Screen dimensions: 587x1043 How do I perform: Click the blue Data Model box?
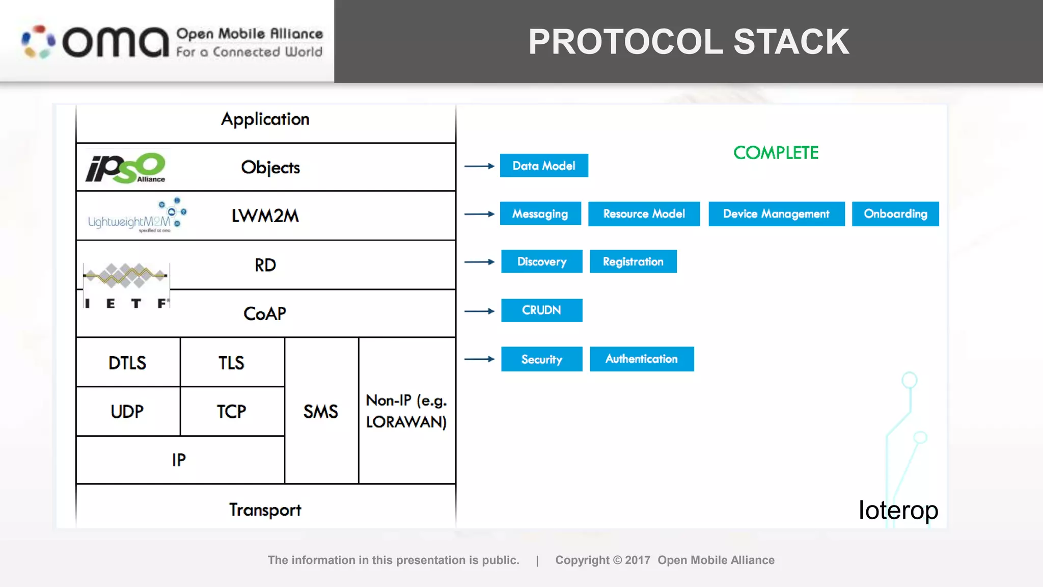(544, 166)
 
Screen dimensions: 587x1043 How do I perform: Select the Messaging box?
(540, 214)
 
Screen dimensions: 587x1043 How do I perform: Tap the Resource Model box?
(644, 214)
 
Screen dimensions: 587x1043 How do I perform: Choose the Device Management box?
(776, 214)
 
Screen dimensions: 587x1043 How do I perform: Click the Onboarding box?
(895, 214)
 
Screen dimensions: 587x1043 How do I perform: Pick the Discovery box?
(541, 261)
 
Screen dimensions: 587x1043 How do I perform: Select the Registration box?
(633, 261)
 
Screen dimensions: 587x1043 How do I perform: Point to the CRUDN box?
(541, 310)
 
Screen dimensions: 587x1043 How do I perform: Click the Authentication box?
(642, 359)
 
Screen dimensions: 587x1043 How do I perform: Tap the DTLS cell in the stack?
(127, 363)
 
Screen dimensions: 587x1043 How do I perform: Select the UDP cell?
(127, 411)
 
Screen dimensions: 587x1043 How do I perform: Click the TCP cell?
(232, 411)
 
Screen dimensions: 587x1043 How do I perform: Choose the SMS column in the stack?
(321, 411)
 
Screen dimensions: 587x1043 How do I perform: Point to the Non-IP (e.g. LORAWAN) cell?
(406, 411)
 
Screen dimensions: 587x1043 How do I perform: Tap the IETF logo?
(126, 285)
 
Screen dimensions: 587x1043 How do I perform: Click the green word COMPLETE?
(776, 153)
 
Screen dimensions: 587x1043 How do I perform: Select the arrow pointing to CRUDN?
(479, 311)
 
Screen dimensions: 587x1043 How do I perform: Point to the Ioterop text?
(898, 510)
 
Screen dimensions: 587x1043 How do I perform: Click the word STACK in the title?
(791, 42)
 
